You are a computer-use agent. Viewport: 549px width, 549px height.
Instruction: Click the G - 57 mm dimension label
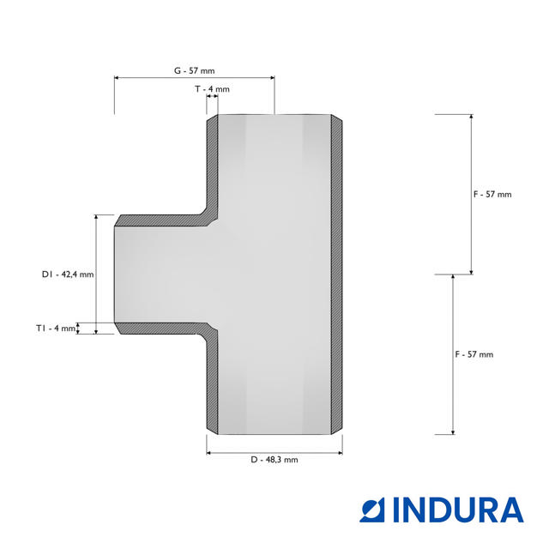(195, 70)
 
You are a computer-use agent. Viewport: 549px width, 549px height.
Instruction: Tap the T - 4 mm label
(212, 89)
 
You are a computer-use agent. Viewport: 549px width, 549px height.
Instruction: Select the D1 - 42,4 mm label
(68, 274)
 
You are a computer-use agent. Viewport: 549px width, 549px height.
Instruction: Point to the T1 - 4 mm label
(56, 329)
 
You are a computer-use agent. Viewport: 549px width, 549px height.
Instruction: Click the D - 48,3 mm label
(274, 460)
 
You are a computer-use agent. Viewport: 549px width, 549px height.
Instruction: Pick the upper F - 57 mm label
(492, 195)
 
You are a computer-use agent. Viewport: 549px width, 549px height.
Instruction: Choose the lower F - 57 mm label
(474, 354)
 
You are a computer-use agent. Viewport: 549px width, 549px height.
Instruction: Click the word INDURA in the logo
(459, 510)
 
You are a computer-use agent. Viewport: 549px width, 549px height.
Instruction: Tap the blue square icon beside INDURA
(372, 510)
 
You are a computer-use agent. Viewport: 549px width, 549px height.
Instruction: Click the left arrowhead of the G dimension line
(117, 78)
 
